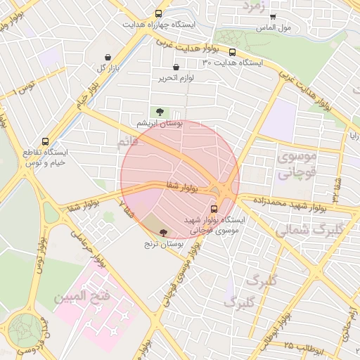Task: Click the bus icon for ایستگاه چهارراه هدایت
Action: (x=160, y=13)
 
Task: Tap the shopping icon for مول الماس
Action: (x=273, y=17)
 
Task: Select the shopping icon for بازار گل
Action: (x=107, y=58)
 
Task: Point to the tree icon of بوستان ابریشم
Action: (x=160, y=112)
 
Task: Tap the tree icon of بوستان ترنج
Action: (x=164, y=232)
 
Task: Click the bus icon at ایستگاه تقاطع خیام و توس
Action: (x=46, y=141)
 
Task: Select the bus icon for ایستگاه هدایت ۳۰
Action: (x=231, y=51)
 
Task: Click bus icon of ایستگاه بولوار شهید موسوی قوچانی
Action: (x=214, y=209)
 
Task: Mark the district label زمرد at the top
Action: (x=254, y=6)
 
